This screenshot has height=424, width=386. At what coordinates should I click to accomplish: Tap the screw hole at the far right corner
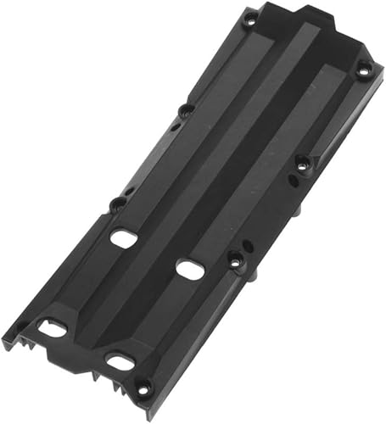click(363, 70)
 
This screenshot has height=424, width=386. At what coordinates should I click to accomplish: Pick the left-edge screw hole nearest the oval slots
click(118, 204)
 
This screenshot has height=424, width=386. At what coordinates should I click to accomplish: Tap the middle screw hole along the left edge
click(186, 109)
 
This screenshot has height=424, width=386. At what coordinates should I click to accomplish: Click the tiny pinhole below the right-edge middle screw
click(293, 180)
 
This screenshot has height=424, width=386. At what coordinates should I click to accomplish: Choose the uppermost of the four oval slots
click(124, 238)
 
